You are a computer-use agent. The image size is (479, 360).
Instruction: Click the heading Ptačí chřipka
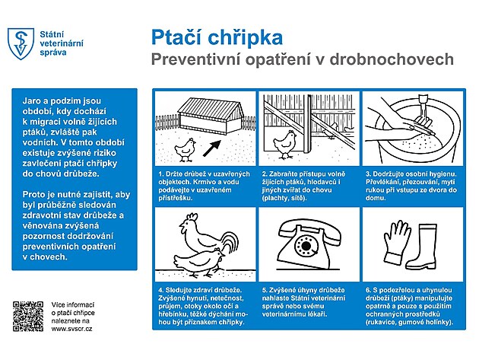[x=216, y=37]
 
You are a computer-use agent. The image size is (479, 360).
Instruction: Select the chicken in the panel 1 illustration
[x=186, y=150]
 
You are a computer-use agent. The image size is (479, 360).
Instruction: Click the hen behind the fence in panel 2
[x=287, y=142]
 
